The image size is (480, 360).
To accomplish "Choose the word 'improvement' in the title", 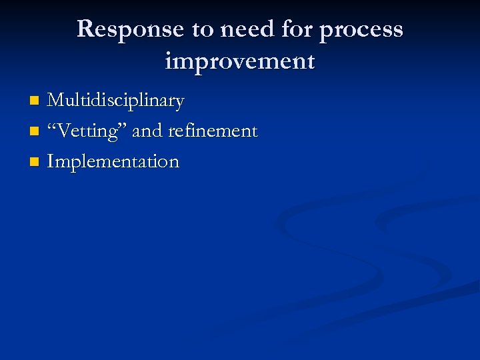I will pos(239,62).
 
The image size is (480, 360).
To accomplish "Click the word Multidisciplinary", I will pos(115,101).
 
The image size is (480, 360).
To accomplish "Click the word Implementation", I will pos(113,162).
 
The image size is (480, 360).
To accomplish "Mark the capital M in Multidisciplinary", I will pos(56,101).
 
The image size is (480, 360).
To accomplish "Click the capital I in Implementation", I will pos(51,162).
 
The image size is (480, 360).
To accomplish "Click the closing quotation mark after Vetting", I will pos(125,127).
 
